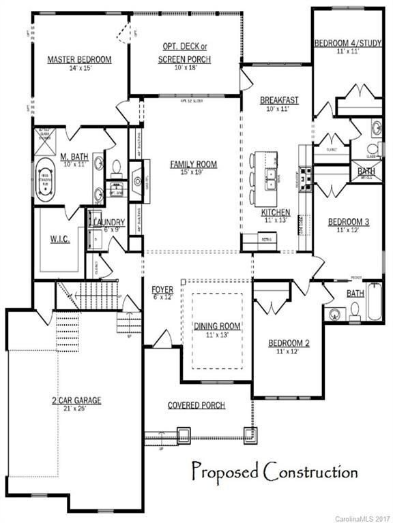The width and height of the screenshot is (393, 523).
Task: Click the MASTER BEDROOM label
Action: pos(79,60)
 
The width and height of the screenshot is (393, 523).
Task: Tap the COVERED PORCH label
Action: pos(196,405)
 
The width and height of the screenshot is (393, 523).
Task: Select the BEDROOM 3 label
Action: pos(348,221)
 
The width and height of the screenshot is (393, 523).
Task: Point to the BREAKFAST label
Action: pos(279,100)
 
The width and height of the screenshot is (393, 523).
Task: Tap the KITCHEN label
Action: pos(276,212)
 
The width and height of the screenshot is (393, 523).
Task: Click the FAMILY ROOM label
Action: pos(193,164)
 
